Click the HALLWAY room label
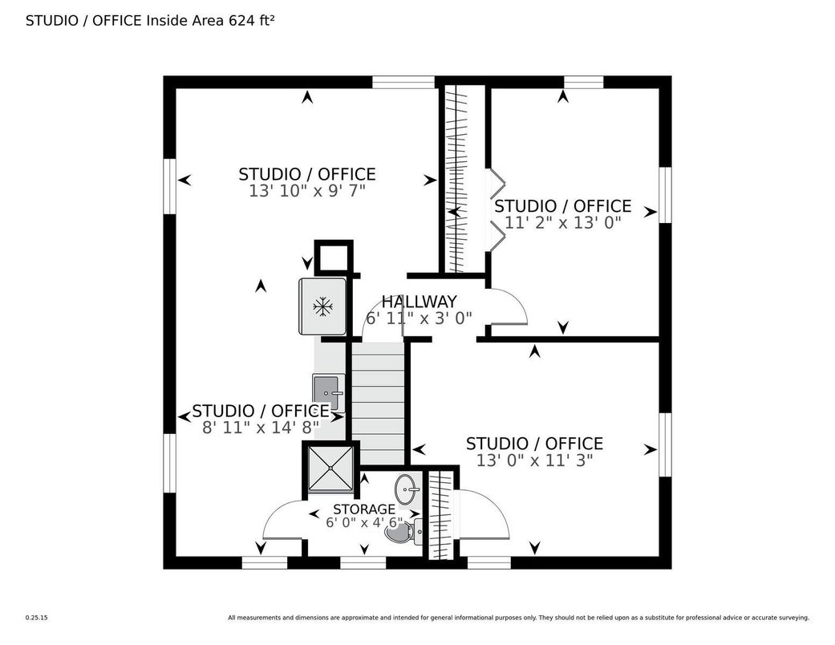[419, 302]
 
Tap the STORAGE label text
[364, 509]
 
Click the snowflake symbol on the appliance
[322, 306]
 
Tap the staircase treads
[378, 404]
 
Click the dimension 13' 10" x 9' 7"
[307, 191]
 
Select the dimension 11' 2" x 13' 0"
[563, 222]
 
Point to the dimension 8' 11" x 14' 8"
[261, 427]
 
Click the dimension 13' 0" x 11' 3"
[535, 460]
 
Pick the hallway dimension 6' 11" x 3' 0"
[419, 318]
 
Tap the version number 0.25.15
[37, 618]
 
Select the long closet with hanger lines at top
[461, 179]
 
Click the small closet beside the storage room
[441, 515]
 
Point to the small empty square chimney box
[334, 258]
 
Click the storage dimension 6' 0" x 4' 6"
[364, 522]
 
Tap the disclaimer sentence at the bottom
[519, 618]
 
